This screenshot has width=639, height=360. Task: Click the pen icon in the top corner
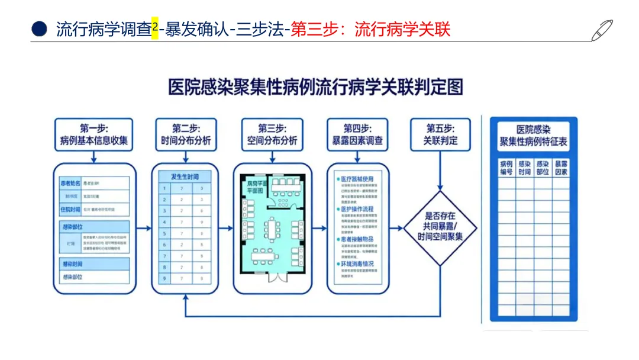click(x=602, y=30)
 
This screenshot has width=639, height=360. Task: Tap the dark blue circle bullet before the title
click(x=40, y=30)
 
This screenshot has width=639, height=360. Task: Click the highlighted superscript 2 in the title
click(x=155, y=27)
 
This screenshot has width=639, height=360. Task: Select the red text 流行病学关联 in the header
click(x=402, y=30)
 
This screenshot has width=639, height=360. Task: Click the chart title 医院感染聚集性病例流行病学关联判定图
click(x=315, y=87)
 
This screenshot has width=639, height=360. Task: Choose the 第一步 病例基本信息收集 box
click(x=94, y=135)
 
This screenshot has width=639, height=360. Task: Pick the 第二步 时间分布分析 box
click(x=186, y=135)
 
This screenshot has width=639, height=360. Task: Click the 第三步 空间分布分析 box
click(x=272, y=135)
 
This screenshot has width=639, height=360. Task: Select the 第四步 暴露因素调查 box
click(x=358, y=135)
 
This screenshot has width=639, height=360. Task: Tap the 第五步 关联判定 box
click(x=440, y=135)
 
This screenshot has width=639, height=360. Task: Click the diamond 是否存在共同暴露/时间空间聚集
click(x=440, y=227)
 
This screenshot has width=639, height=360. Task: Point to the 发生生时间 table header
click(x=185, y=176)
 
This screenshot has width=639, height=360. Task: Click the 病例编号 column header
click(x=506, y=168)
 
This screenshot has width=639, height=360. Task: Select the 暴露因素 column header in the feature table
click(x=561, y=168)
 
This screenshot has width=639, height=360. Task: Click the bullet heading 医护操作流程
click(x=357, y=210)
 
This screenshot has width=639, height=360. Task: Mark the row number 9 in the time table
click(x=164, y=278)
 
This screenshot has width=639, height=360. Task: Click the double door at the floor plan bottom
click(x=273, y=276)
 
